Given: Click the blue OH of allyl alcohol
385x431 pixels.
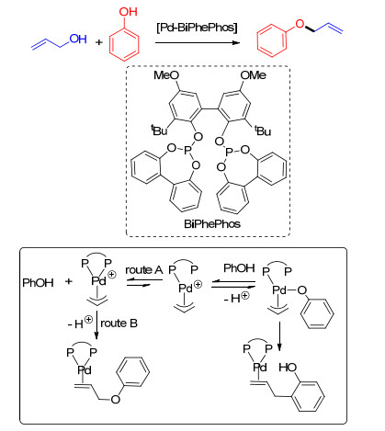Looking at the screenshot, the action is pyautogui.click(x=78, y=40).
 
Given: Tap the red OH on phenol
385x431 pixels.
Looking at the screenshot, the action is pyautogui.click(x=128, y=12).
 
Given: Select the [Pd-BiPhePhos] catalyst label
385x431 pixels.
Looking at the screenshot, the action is pyautogui.click(x=197, y=28).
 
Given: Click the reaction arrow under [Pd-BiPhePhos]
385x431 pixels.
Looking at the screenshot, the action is pyautogui.click(x=198, y=43).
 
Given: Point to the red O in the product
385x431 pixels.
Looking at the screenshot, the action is pyautogui.click(x=300, y=24).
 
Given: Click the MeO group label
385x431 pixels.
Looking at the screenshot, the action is pyautogui.click(x=166, y=75).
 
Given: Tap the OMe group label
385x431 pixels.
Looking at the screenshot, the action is pyautogui.click(x=253, y=75).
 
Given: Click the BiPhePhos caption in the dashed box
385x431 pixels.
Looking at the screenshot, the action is pyautogui.click(x=212, y=224).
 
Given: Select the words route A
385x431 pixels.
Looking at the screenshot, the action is pyautogui.click(x=143, y=270).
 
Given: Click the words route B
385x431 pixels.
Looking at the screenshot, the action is pyautogui.click(x=119, y=323).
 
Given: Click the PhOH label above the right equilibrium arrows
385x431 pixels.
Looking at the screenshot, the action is pyautogui.click(x=239, y=268).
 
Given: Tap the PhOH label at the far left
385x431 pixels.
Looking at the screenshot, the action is pyautogui.click(x=38, y=282).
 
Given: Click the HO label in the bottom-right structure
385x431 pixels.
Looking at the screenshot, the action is pyautogui.click(x=288, y=368).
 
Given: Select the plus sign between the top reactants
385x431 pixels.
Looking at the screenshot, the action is pyautogui.click(x=98, y=42).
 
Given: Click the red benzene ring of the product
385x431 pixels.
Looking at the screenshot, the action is pyautogui.click(x=272, y=40).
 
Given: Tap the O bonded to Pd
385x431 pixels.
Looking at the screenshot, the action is pyautogui.click(x=302, y=290).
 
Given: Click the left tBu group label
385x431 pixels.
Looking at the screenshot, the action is pyautogui.click(x=159, y=130).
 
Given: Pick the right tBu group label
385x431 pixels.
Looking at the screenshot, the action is pyautogui.click(x=263, y=130).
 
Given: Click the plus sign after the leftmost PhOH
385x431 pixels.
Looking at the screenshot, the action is pyautogui.click(x=69, y=281).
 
